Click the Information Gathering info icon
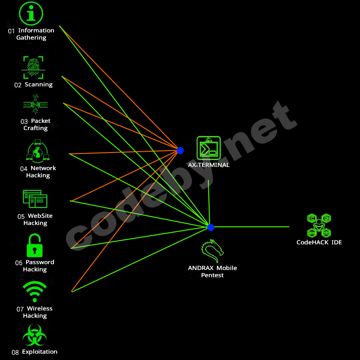coord(31,13)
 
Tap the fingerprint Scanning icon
coord(33,67)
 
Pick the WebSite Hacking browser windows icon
coord(35,198)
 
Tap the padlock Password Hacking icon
coord(34,246)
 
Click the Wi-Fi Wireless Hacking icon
coord(35,292)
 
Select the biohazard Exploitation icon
coord(35,335)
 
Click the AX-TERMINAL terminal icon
coord(208,148)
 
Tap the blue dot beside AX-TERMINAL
coord(180,150)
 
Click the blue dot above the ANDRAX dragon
coord(211,227)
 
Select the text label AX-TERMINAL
coord(208,165)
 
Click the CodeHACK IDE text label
coord(319,243)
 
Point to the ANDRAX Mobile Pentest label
coord(212,271)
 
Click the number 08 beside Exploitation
coord(15,352)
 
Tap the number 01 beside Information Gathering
coord(11,31)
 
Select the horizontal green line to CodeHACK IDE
coord(252,227)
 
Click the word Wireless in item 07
coord(40,309)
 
